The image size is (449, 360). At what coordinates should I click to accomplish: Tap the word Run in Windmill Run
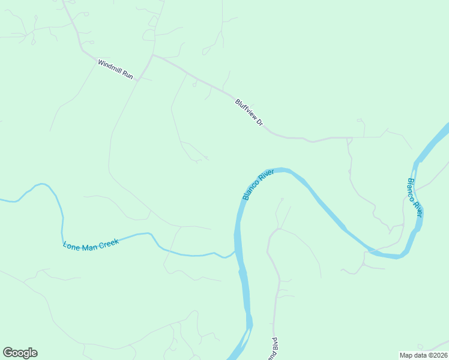click(x=127, y=75)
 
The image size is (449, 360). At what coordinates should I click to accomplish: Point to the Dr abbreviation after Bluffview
click(x=260, y=121)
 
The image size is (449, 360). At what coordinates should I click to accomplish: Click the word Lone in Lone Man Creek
click(x=71, y=245)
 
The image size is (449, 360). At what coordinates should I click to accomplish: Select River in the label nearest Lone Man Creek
click(x=267, y=175)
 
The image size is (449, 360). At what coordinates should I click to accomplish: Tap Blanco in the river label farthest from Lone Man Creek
click(x=412, y=189)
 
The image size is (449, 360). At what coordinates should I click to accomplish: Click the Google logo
click(x=20, y=353)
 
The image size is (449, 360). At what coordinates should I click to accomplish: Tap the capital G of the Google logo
click(x=8, y=352)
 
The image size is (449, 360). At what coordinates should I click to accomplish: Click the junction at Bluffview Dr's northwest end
click(x=154, y=55)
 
